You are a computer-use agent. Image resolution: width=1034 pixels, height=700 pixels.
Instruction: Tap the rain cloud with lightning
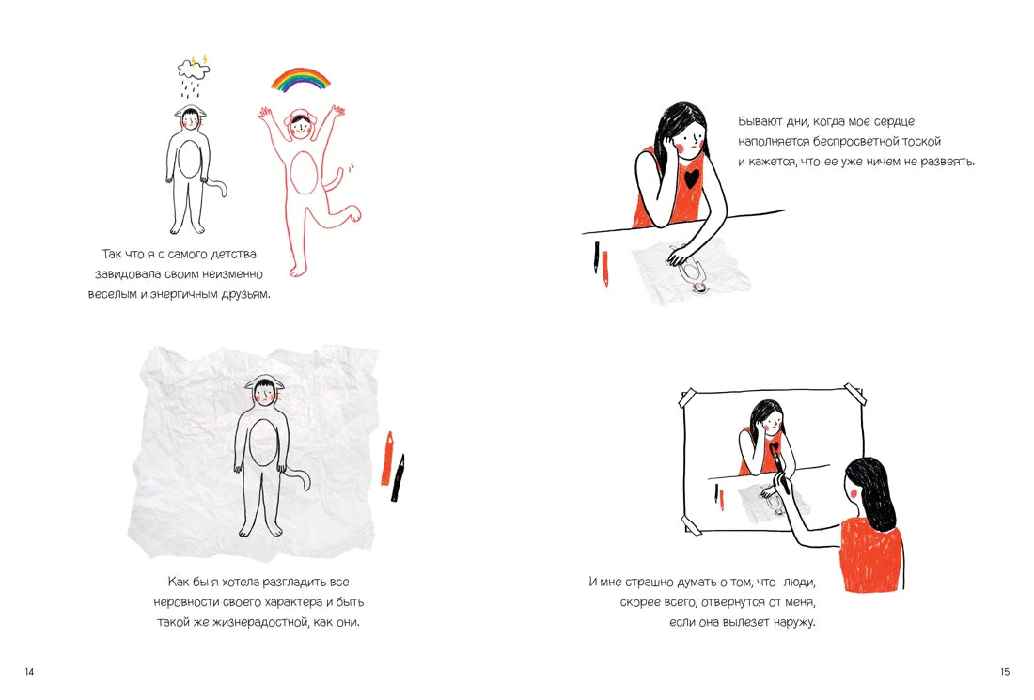(194, 68)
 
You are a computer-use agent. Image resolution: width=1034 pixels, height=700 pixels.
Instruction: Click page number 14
(29, 672)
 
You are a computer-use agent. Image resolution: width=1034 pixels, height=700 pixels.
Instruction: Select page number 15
(1004, 672)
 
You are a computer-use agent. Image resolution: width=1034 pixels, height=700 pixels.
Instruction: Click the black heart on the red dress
(692, 178)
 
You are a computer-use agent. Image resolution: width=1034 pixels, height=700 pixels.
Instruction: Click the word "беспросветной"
(858, 142)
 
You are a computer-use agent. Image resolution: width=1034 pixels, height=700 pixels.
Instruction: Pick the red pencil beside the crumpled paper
(387, 459)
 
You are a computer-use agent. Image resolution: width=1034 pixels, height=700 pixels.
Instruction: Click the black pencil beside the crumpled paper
(398, 478)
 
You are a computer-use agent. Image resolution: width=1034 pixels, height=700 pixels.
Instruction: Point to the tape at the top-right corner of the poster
(854, 392)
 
